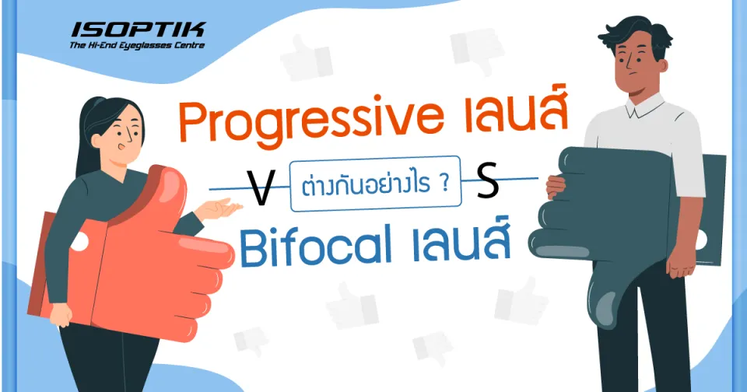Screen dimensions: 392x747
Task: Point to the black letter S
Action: coord(486,187)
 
